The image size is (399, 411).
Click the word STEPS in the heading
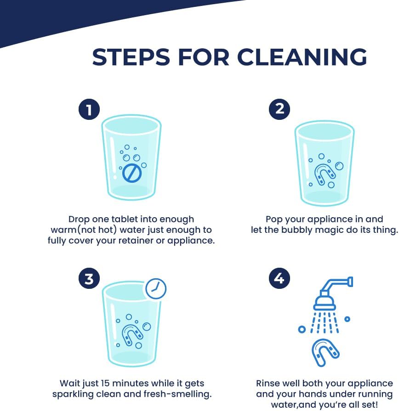coord(131,57)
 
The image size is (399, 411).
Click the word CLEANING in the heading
coord(302,57)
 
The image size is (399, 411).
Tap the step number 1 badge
coord(89,109)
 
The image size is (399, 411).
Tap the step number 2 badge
coord(279,109)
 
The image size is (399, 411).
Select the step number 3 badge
coord(89,278)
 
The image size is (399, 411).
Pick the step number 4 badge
coord(279,278)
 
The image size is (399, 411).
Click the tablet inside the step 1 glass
coord(132,173)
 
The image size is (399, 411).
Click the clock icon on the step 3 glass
coord(156,288)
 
